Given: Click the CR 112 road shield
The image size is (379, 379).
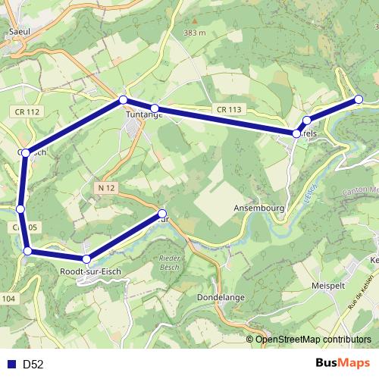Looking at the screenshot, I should (27, 112).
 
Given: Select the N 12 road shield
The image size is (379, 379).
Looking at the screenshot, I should (105, 186).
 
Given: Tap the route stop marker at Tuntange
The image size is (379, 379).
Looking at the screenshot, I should (154, 109).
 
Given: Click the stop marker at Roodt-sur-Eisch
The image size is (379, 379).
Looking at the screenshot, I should (86, 259).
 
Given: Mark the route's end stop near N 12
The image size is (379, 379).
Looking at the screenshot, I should (162, 214).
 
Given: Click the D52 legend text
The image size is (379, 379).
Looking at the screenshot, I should (33, 365).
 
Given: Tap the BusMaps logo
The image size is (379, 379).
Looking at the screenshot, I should (343, 364).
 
